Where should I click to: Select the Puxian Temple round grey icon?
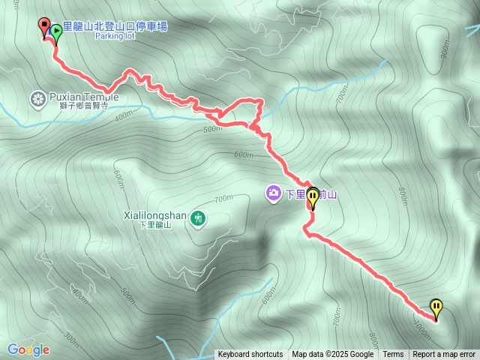[x=37, y=97]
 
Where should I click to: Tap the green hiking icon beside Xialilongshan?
[x=198, y=218]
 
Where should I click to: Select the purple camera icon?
[x=273, y=193]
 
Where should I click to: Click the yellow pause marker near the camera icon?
[x=313, y=196]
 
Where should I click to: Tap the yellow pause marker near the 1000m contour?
[x=436, y=307]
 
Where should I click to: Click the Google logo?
[x=28, y=349]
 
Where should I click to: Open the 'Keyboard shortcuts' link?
[x=250, y=355]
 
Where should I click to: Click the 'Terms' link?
[x=393, y=355]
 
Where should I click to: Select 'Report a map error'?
[x=444, y=355]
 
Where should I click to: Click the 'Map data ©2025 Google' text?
[x=332, y=355]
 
